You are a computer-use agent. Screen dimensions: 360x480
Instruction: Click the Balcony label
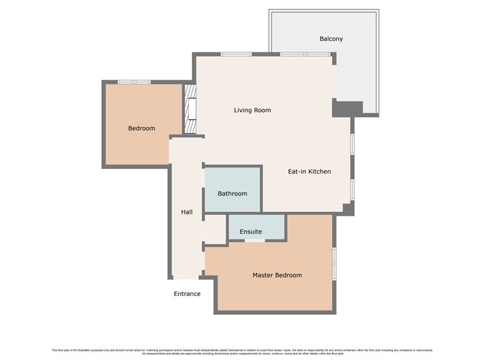tap(331, 39)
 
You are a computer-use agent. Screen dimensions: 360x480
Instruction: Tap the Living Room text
tap(252, 110)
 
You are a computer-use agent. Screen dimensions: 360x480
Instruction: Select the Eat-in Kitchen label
tap(309, 172)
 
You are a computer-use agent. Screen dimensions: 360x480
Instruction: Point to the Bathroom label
tap(233, 193)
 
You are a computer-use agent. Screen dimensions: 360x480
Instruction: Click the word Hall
tap(186, 212)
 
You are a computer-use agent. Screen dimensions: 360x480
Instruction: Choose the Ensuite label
tap(251, 231)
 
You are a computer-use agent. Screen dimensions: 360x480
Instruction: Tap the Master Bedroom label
tap(277, 275)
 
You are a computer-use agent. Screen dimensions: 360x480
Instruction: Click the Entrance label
tap(187, 294)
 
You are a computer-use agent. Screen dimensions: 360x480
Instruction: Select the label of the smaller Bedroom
tap(142, 129)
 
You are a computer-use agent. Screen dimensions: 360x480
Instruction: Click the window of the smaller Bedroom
tap(134, 82)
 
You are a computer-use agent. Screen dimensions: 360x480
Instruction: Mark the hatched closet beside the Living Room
tap(190, 110)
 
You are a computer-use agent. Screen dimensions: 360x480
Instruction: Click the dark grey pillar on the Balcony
tap(347, 109)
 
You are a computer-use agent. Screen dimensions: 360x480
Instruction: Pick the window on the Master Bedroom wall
tap(335, 264)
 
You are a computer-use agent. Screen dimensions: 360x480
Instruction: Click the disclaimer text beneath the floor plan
tap(240, 351)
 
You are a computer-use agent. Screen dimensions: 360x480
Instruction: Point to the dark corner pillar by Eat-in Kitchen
tap(349, 208)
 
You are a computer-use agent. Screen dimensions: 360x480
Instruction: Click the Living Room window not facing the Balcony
tap(236, 55)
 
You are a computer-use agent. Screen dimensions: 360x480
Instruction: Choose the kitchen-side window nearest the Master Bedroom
tap(352, 188)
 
